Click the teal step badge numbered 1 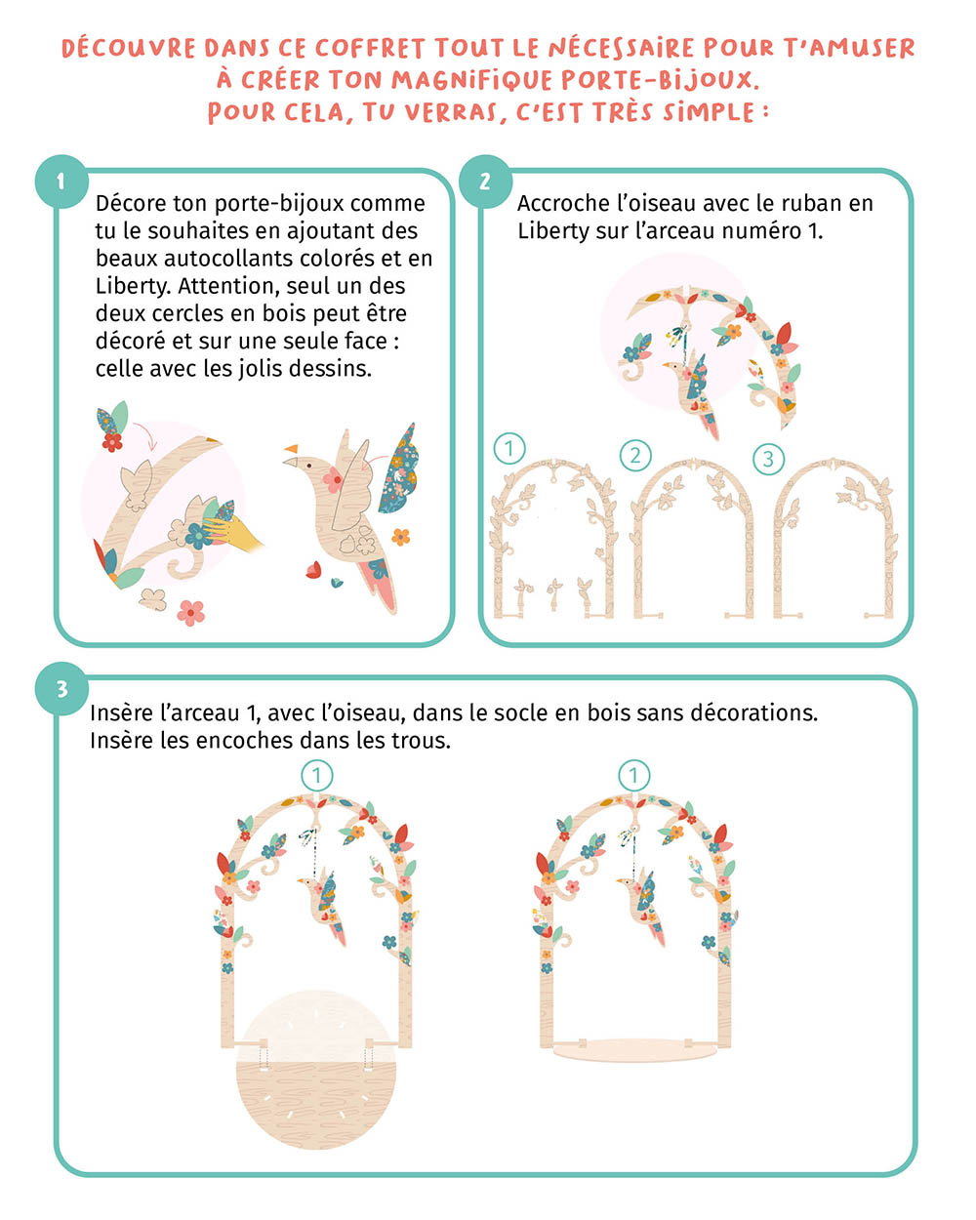pyautogui.click(x=61, y=181)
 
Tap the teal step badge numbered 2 pyautogui.click(x=484, y=181)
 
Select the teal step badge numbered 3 pyautogui.click(x=61, y=689)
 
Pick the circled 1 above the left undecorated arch pyautogui.click(x=508, y=449)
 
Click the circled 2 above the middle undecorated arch pyautogui.click(x=635, y=455)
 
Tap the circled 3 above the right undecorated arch pyautogui.click(x=768, y=458)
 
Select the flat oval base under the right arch pyautogui.click(x=635, y=1050)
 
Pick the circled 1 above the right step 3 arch pyautogui.click(x=634, y=776)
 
